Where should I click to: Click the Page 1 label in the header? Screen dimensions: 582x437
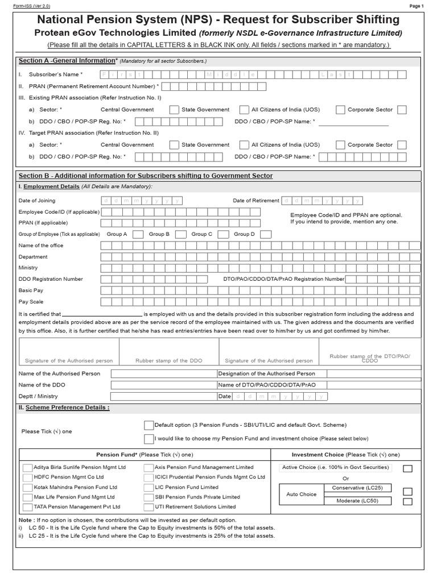(x=417, y=6)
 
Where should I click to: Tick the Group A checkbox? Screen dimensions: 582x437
(x=138, y=234)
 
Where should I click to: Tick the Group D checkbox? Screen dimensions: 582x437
(x=266, y=234)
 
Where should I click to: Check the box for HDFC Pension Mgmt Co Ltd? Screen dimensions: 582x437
(x=27, y=477)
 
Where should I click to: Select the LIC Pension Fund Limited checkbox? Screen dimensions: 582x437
(x=149, y=487)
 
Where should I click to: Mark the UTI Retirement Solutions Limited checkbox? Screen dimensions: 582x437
(x=149, y=506)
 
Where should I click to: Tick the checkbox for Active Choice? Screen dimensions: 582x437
(x=407, y=468)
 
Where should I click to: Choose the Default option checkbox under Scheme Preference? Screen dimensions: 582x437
(x=149, y=425)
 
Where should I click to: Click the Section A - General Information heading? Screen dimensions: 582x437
(x=68, y=61)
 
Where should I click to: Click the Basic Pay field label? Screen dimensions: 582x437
(x=31, y=290)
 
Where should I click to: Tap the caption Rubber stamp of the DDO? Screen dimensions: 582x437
(x=168, y=360)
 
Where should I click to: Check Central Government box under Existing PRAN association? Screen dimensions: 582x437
(x=175, y=110)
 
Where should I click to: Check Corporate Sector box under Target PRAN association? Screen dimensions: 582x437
(x=402, y=145)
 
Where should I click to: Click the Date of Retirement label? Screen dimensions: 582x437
(x=256, y=201)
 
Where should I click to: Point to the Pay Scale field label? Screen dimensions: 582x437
(x=31, y=302)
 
